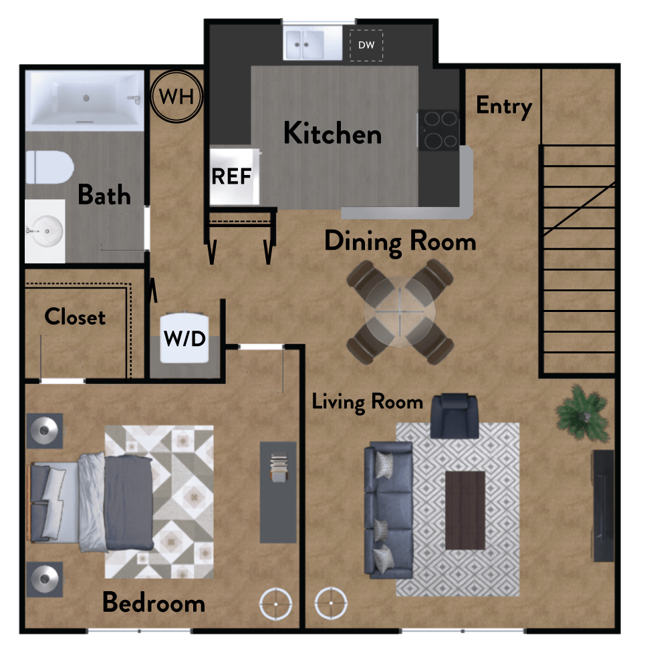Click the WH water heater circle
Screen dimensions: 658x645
pos(176,96)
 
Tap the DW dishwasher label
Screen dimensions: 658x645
pos(366,45)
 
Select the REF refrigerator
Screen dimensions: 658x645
pos(232,176)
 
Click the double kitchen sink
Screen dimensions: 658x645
pos(305,45)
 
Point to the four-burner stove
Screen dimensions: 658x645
pos(438,130)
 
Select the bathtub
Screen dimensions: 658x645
pos(85,101)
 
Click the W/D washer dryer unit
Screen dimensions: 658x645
pos(185,338)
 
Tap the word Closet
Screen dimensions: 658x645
pos(75,317)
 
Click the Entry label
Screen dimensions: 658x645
pos(503,106)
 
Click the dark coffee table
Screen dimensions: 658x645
pos(465,510)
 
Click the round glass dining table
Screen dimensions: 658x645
pos(399,312)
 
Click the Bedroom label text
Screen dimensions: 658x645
pos(153,603)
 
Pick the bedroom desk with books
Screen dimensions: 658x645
pos(278,491)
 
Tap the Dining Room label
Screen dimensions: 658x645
pos(400,241)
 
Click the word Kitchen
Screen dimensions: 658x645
pos(332,134)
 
